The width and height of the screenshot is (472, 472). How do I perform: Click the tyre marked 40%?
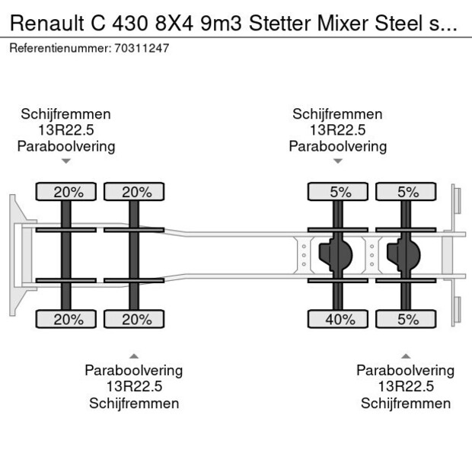[340, 320]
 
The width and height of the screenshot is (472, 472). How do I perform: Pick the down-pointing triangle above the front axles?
[66, 161]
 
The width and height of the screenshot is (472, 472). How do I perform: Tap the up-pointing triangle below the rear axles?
[406, 356]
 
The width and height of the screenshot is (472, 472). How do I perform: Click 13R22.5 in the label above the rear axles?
[337, 130]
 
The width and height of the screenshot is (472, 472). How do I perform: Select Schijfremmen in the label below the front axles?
[134, 403]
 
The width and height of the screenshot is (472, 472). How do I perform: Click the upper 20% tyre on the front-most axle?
[69, 192]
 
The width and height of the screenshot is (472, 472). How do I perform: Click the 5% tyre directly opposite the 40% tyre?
[340, 192]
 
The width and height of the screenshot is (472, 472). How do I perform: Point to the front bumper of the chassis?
[15, 255]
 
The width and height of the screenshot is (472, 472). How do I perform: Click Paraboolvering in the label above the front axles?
[66, 146]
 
